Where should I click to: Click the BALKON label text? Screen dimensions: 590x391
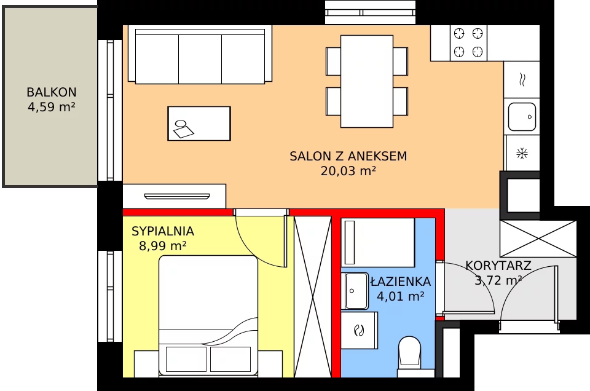(52, 92)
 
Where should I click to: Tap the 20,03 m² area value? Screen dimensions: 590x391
(348, 171)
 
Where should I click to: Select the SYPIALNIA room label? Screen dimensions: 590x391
(162, 231)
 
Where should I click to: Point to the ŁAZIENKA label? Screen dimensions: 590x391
(401, 281)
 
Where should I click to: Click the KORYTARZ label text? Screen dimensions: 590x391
(498, 266)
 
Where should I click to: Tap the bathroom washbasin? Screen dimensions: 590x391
(355, 291)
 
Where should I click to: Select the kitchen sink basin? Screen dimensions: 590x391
(522, 117)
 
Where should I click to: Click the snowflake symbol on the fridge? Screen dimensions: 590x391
(522, 154)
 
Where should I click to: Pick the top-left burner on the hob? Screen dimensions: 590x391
(459, 33)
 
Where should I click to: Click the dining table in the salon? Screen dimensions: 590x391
(367, 81)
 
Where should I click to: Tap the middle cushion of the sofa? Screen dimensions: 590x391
(200, 59)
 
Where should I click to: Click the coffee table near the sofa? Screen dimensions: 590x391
(199, 124)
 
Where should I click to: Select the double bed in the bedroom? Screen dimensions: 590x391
(208, 315)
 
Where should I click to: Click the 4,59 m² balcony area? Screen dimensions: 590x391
(52, 107)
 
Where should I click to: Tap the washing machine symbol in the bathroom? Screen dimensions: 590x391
(359, 330)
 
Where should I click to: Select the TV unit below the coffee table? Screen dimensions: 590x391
(174, 196)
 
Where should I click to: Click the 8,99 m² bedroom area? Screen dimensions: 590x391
(162, 246)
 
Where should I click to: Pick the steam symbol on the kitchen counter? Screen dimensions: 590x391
(522, 80)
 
